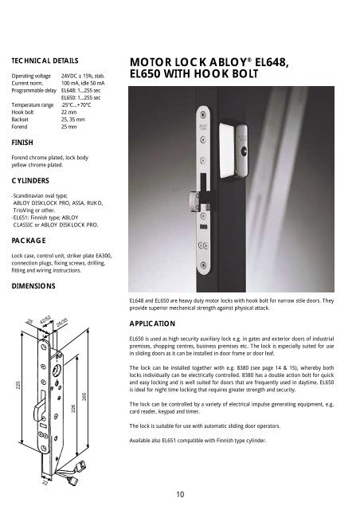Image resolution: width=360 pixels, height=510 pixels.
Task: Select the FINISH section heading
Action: [22, 144]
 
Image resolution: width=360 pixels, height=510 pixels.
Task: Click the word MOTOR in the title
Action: [155, 62]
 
